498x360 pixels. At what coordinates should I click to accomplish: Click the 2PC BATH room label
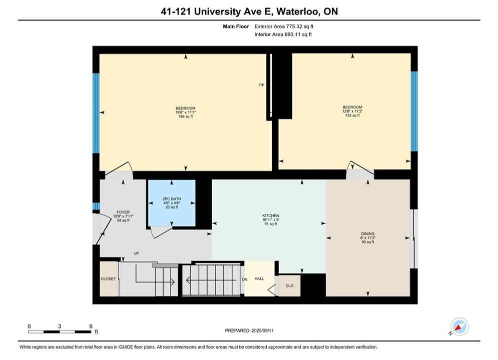pos(172,199)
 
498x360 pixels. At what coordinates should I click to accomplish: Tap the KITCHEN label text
pos(271,215)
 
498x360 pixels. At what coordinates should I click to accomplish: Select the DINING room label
pos(368,234)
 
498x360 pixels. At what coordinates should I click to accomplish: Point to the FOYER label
pos(123,212)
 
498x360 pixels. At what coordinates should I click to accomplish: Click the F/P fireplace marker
pos(261,85)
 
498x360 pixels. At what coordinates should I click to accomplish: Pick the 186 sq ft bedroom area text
pos(186,116)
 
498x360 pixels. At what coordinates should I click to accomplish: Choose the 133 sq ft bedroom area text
pos(352,115)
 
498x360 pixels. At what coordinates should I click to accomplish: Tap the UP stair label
pos(136,253)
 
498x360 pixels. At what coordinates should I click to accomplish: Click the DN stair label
pos(245,280)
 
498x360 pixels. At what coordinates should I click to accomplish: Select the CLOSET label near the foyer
pos(108,279)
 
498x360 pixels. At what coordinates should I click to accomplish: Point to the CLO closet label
pos(289,286)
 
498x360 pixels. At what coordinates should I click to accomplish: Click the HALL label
pos(259,278)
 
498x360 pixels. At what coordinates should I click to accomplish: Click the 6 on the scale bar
pos(91,326)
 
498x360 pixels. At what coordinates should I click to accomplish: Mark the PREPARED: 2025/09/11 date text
pos(249,330)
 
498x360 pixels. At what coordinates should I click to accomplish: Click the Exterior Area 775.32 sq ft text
pos(284,26)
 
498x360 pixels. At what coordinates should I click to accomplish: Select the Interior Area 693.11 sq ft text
pos(283,34)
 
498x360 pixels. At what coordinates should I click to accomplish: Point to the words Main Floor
pos(236,26)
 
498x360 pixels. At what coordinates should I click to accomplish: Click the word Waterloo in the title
pos(298,11)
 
